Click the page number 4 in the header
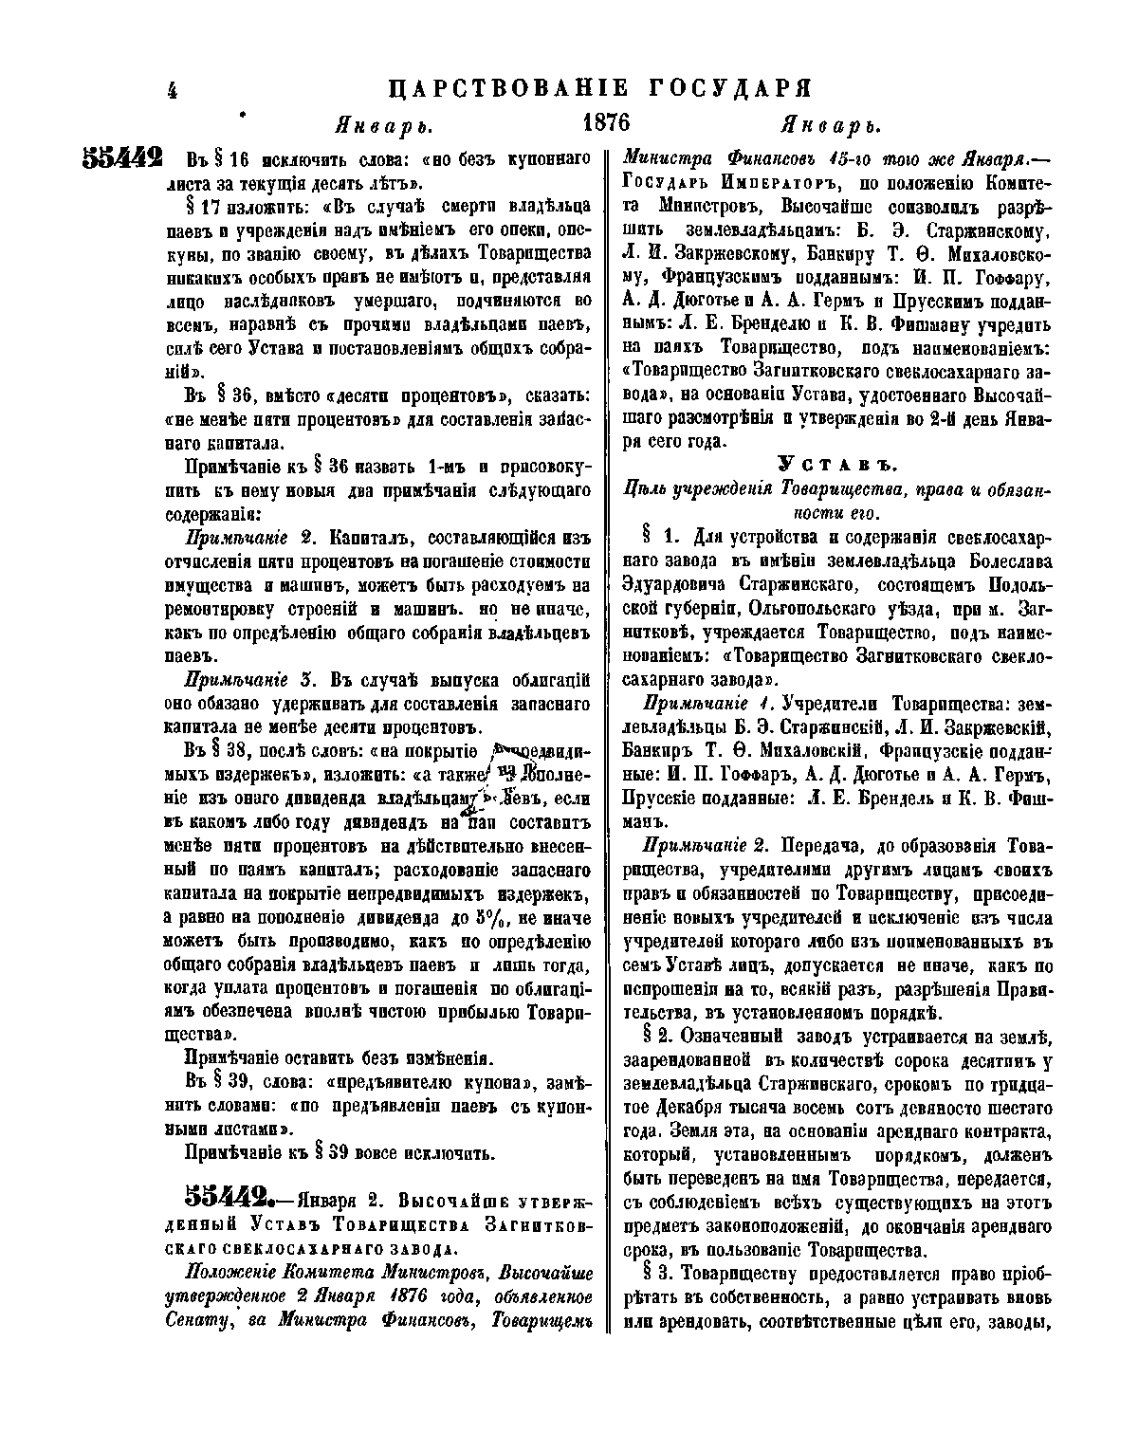173,90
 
